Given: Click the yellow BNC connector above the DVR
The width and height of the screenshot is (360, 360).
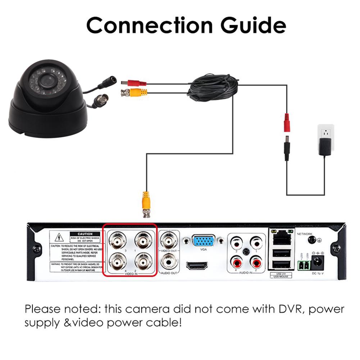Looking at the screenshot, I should pos(146,203).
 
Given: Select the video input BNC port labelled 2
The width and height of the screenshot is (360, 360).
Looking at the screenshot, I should pos(142,262).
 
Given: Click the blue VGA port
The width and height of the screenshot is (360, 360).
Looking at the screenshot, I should pos(204,240).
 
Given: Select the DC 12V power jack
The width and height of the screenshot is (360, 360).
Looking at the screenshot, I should pos(317,262).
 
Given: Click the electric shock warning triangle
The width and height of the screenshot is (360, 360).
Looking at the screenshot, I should pos(59,237).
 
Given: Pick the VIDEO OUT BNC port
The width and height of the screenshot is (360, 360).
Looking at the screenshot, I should pos(169,238).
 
